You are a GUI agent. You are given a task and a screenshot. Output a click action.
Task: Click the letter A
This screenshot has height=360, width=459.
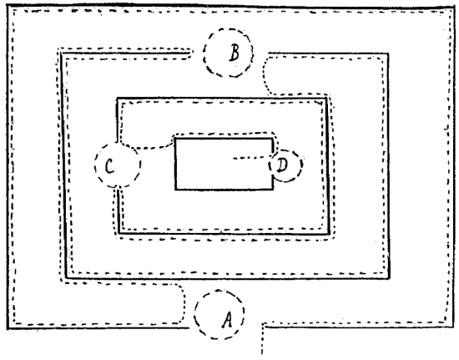pyautogui.click(x=227, y=320)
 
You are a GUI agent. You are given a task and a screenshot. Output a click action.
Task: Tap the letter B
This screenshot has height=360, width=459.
pyautogui.click(x=235, y=53)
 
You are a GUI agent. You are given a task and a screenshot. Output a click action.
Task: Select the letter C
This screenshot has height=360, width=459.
pyautogui.click(x=109, y=165)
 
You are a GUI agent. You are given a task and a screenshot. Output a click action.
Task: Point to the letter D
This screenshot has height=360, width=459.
pyautogui.click(x=282, y=165)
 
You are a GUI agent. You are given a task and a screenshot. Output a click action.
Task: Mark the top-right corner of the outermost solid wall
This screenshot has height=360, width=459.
pyautogui.click(x=454, y=8)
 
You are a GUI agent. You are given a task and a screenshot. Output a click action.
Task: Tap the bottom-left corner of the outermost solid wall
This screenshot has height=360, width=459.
pyautogui.click(x=8, y=328)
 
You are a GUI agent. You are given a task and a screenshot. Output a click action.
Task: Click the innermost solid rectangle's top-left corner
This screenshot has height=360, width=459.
pyautogui.click(x=175, y=139)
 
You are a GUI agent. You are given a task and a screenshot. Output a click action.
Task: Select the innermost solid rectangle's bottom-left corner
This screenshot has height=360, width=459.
pyautogui.click(x=175, y=190)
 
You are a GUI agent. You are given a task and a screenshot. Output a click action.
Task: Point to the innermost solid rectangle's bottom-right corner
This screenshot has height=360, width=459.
pyautogui.click(x=273, y=190)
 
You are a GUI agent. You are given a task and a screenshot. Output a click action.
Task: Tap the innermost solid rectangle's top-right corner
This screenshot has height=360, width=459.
pyautogui.click(x=273, y=139)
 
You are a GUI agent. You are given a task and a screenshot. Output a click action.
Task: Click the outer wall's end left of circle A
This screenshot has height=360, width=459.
pyautogui.click(x=189, y=327)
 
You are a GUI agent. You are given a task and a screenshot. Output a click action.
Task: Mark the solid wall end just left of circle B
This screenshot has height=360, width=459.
pyautogui.click(x=189, y=53)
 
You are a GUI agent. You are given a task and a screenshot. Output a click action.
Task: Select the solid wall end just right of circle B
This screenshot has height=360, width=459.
pyautogui.click(x=269, y=53)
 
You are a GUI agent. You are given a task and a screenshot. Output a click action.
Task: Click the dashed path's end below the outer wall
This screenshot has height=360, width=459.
pyautogui.click(x=262, y=354)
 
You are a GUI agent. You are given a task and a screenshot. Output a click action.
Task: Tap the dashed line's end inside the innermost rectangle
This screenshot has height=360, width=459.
pyautogui.click(x=234, y=159)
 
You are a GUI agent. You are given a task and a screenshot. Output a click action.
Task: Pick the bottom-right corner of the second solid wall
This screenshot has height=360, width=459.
pyautogui.click(x=389, y=277)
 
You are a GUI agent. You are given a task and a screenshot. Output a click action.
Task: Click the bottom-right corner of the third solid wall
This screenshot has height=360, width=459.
pyautogui.click(x=330, y=234)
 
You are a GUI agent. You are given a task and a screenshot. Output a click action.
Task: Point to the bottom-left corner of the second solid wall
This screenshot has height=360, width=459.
pyautogui.click(x=67, y=277)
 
